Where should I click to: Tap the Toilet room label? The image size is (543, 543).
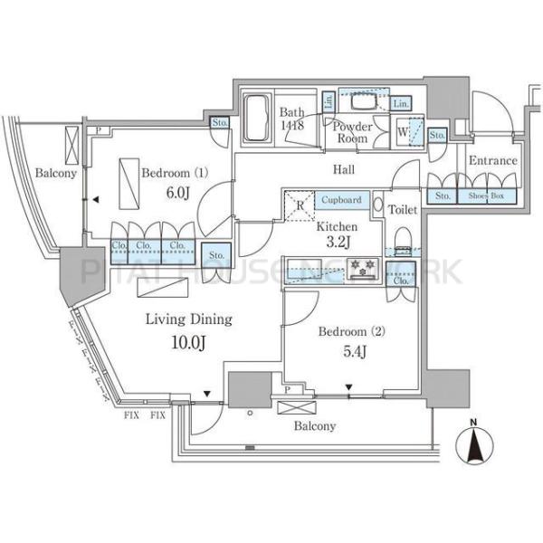[x=403, y=210]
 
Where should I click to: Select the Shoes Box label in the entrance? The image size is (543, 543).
[x=488, y=195]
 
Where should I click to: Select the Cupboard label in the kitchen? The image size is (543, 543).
[x=340, y=199]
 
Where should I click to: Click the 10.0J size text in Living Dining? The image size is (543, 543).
[x=190, y=341]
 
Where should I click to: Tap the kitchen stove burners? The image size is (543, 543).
[x=364, y=267]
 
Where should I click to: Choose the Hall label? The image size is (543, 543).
[x=343, y=170]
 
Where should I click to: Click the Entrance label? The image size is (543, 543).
[x=492, y=161]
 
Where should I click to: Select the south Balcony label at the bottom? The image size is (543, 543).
[x=314, y=425]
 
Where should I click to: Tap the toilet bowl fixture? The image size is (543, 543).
[x=401, y=236]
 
